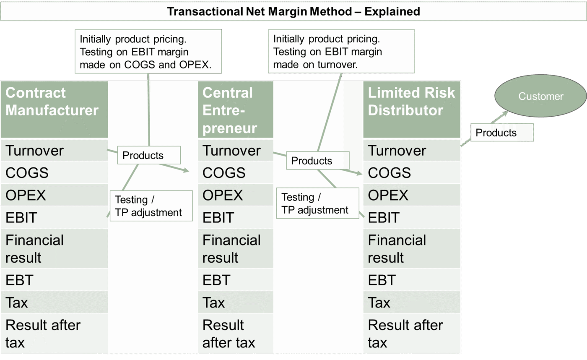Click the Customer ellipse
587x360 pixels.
pyautogui.click(x=540, y=96)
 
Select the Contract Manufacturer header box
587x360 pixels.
pyautogui.click(x=54, y=110)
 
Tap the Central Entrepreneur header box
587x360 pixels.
pyautogui.click(x=235, y=110)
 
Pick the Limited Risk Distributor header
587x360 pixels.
pyautogui.click(x=412, y=110)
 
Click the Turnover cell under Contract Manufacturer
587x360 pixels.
pyautogui.click(x=54, y=151)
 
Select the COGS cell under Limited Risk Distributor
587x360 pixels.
pyautogui.click(x=412, y=173)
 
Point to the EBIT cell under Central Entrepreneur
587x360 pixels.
pyautogui.click(x=235, y=218)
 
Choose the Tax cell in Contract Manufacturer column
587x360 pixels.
pyautogui.click(x=54, y=303)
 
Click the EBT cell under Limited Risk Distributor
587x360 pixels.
pyautogui.click(x=412, y=280)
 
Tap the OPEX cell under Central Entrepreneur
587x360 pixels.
pyautogui.click(x=235, y=195)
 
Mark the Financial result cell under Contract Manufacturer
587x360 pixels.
pyautogui.click(x=54, y=249)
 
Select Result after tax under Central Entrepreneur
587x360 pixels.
pyautogui.click(x=235, y=334)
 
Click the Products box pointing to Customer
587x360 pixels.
pyautogui.click(x=502, y=133)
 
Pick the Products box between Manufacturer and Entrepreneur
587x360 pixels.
pyautogui.click(x=149, y=155)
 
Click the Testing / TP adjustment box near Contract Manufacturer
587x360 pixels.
pyautogui.click(x=151, y=206)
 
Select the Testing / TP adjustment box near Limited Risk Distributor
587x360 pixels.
pyautogui.click(x=317, y=203)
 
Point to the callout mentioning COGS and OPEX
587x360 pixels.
pyautogui.click(x=148, y=52)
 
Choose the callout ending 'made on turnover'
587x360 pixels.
pyautogui.click(x=341, y=52)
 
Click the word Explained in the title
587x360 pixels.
pyautogui.click(x=392, y=11)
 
